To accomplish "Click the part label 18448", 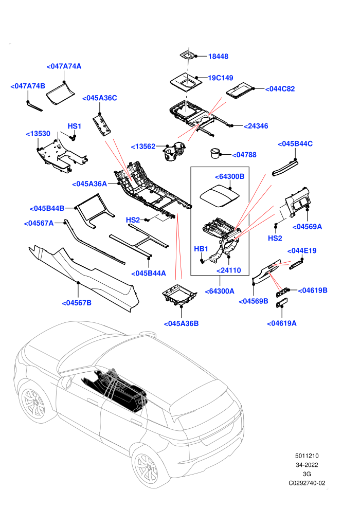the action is point(218,57).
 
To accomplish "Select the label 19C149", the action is point(221,78).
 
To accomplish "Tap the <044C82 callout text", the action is point(280,89).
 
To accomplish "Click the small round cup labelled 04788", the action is point(215,153).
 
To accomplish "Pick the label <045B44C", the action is point(295,144).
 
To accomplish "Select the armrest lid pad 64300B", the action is point(220,196).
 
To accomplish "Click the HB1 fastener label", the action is point(201,249).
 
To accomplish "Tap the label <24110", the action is point(228,270).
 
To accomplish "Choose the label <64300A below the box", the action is point(220,291).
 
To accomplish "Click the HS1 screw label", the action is point(75,126).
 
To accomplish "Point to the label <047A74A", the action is point(64,66).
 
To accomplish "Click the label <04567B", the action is point(77,303).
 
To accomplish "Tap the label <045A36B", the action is point(181,323).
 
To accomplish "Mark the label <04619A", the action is point(282,323).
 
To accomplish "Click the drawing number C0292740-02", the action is point(307,483).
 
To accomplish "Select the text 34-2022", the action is point(307,465).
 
